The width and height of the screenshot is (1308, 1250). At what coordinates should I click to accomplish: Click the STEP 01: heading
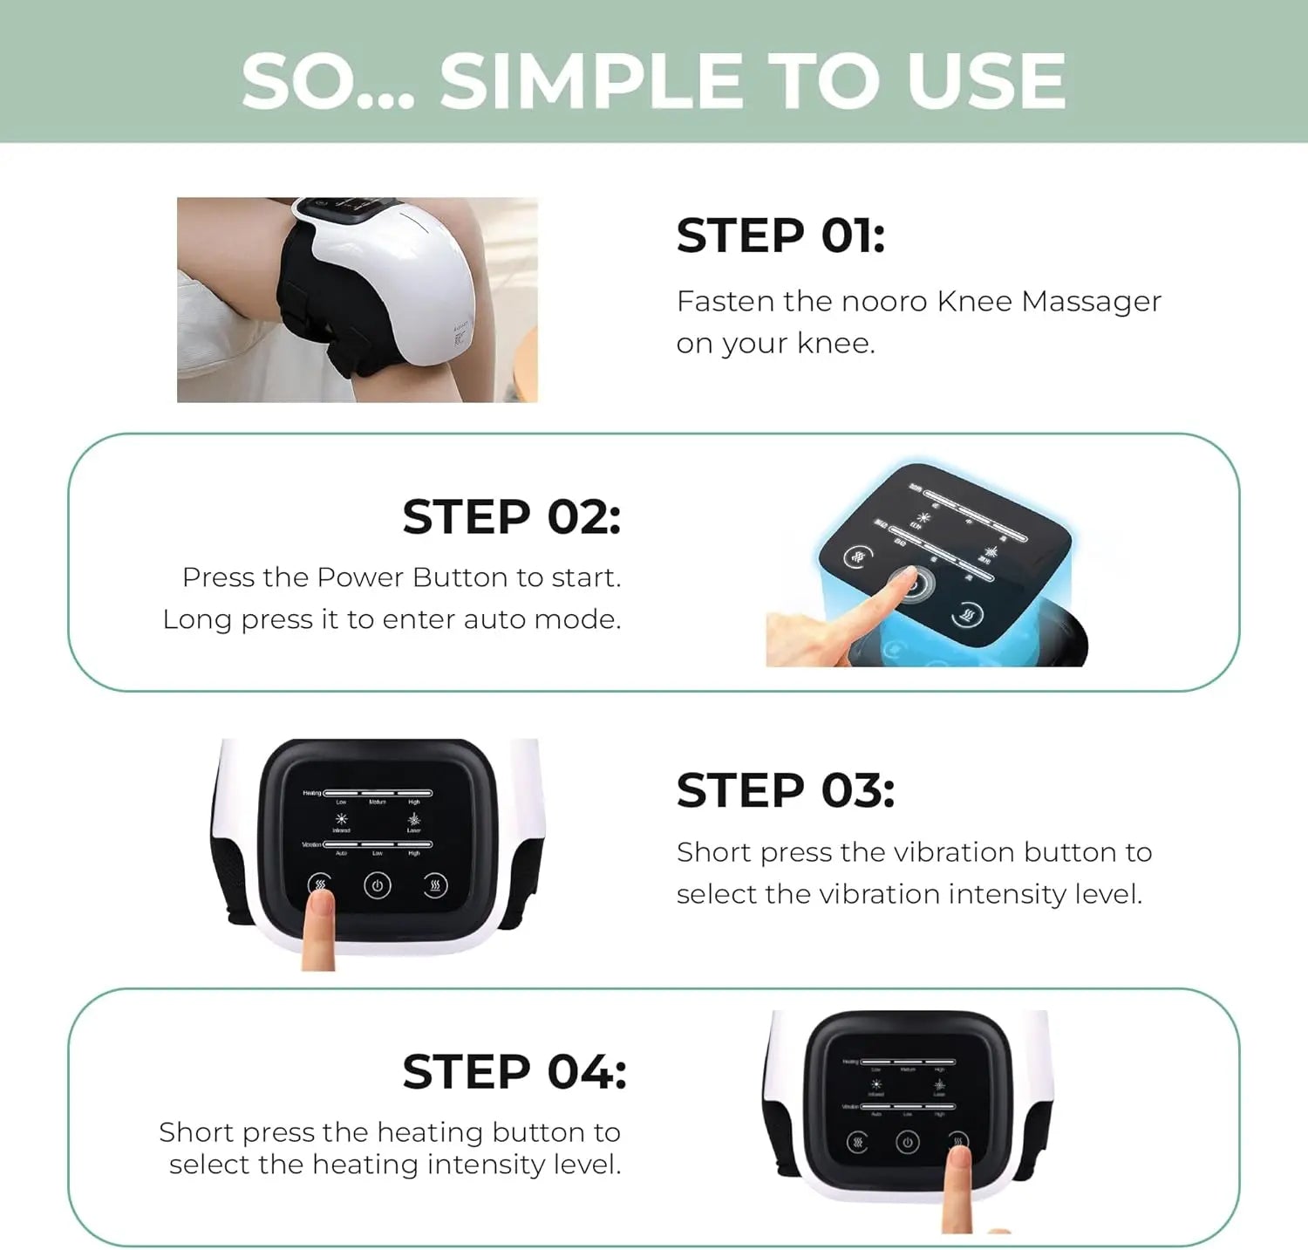pos(780,236)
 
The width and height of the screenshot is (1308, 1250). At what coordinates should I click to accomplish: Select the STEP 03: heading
pos(785,790)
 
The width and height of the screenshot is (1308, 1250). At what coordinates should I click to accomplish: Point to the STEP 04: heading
pos(514,1071)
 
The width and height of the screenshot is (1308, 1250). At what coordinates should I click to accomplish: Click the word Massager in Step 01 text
pos(1091,302)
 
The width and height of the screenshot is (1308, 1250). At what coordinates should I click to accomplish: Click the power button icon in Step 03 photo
pos(377,886)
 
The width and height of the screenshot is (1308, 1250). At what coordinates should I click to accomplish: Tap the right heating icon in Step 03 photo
pos(435,886)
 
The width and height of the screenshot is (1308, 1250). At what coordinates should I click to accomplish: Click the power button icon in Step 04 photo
pos(907,1143)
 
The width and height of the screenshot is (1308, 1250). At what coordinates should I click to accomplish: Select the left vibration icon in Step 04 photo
pos(857,1143)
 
